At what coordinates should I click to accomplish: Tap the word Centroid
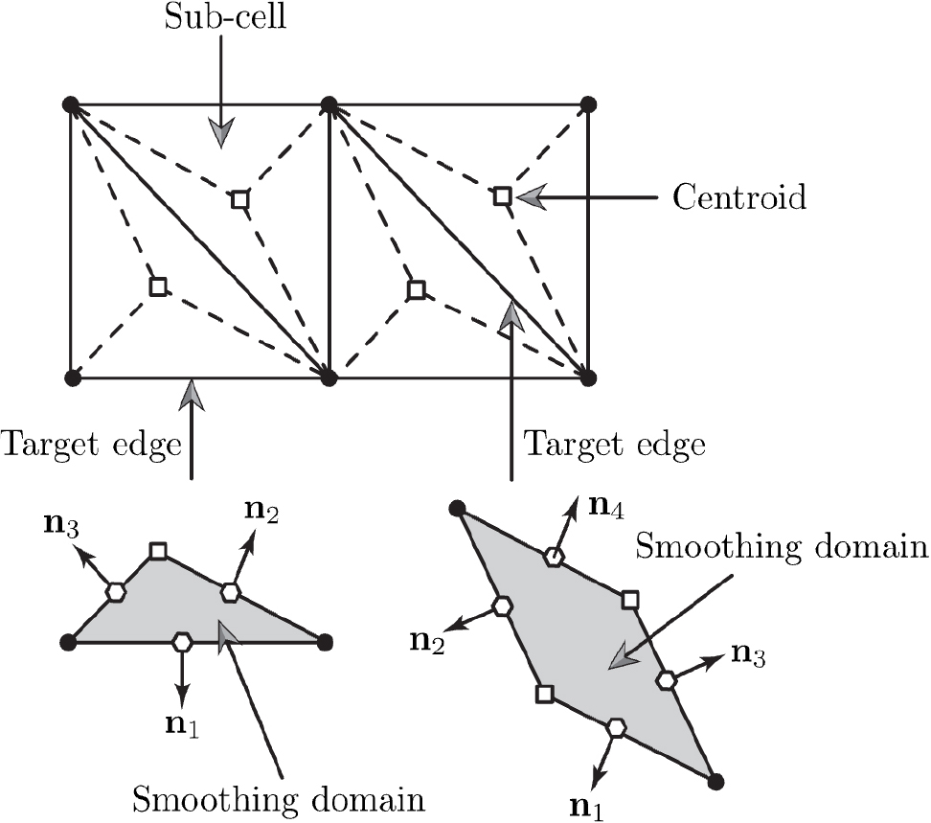738,198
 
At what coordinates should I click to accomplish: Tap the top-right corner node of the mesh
589,103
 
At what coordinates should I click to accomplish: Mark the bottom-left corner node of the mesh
70,377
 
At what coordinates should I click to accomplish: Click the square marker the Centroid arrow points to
502,196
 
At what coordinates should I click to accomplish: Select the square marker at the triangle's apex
158,551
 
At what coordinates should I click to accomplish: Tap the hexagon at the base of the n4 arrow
553,557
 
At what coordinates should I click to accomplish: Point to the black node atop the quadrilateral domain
457,508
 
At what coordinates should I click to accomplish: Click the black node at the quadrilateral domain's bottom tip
714,782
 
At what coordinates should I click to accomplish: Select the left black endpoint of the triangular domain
67,641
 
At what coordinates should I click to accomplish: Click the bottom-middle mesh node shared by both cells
329,377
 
